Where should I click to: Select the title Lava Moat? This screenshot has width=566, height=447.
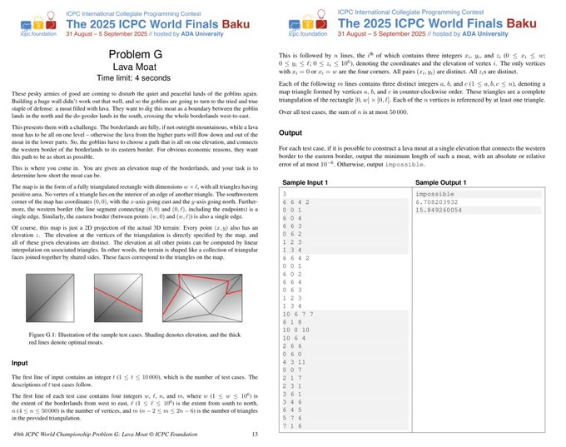coord(140,68)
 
